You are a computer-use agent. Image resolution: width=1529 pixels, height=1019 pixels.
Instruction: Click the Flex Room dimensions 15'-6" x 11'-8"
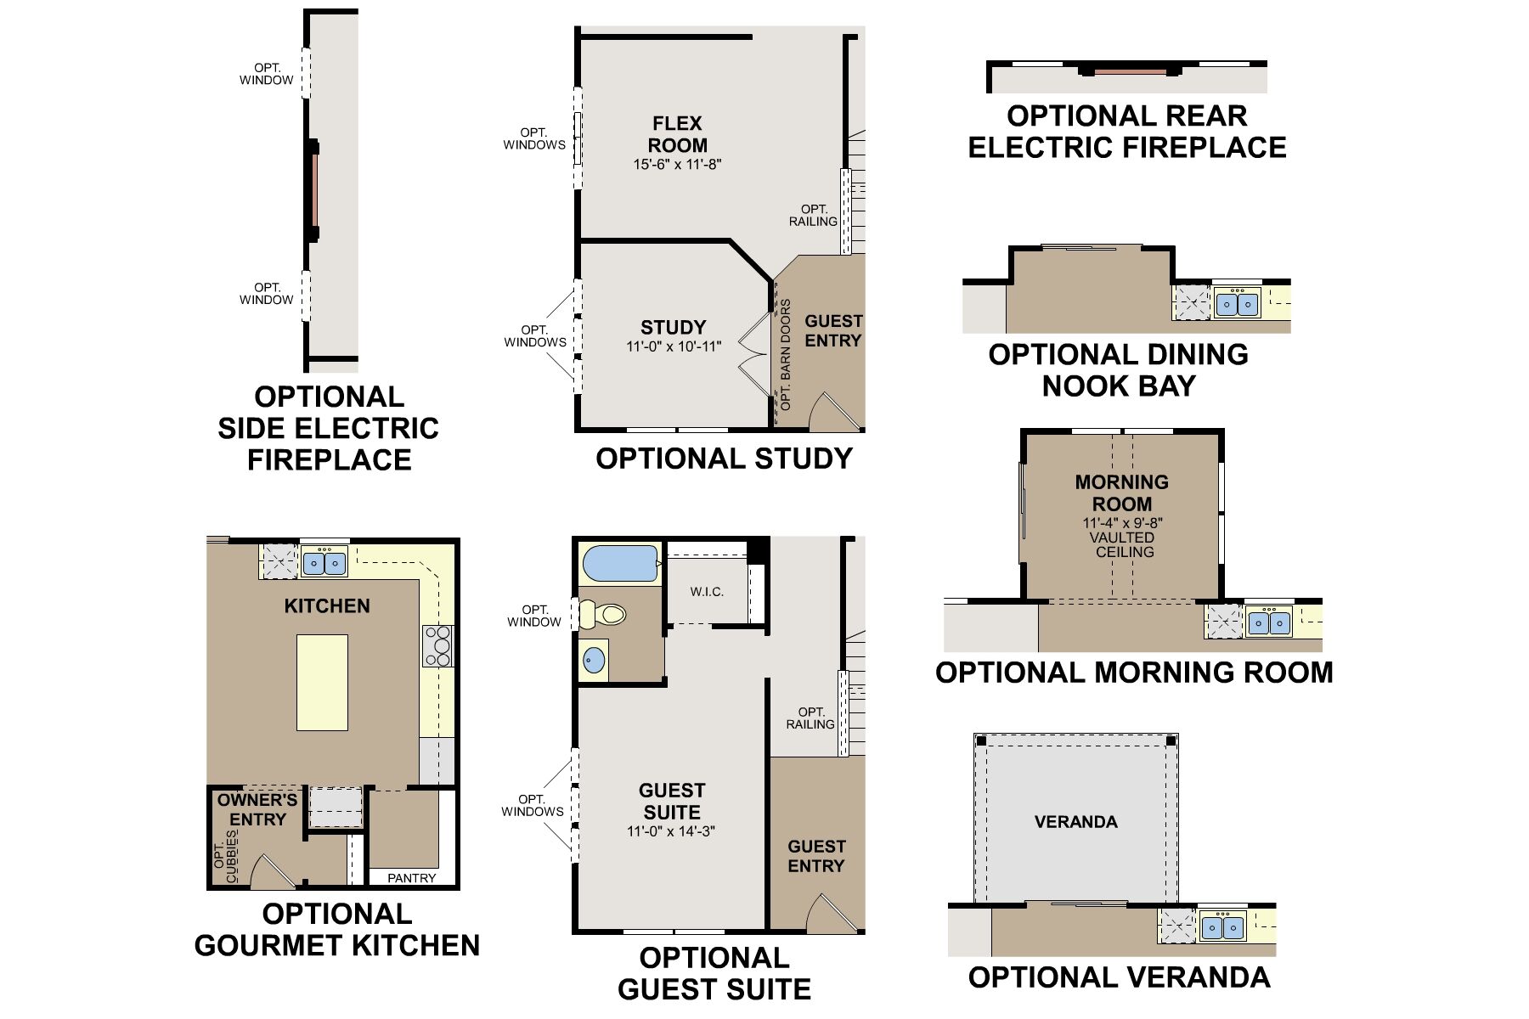pyautogui.click(x=677, y=165)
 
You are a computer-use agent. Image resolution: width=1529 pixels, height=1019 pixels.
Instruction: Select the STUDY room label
pyautogui.click(x=673, y=328)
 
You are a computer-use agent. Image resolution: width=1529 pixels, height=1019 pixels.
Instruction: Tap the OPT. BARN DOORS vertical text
pyautogui.click(x=786, y=355)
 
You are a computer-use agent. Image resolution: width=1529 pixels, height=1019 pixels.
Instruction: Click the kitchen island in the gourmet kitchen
pyautogui.click(x=322, y=683)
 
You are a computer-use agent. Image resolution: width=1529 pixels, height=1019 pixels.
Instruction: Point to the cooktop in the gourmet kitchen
pyautogui.click(x=437, y=645)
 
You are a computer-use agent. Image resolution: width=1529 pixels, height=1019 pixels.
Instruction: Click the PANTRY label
pyautogui.click(x=412, y=878)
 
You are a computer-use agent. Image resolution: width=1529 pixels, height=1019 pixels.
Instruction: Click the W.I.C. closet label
pyautogui.click(x=707, y=592)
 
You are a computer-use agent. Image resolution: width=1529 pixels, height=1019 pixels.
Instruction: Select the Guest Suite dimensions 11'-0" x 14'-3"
pyautogui.click(x=671, y=831)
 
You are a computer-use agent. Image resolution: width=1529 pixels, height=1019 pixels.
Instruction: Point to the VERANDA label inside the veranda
pyautogui.click(x=1076, y=822)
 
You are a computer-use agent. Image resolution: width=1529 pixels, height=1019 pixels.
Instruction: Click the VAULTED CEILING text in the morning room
pyautogui.click(x=1123, y=544)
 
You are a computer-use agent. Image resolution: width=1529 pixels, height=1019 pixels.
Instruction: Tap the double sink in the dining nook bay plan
pyautogui.click(x=1237, y=303)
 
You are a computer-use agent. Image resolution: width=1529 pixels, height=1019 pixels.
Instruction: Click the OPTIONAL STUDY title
pyautogui.click(x=724, y=459)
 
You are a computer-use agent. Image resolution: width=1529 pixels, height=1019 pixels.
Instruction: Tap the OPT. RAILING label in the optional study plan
pyautogui.click(x=814, y=216)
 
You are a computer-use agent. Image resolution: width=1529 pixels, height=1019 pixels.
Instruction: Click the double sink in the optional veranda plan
pyautogui.click(x=1222, y=926)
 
